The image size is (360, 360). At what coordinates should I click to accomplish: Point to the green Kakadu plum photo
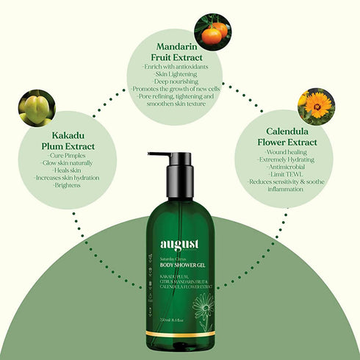coord(37,107)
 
